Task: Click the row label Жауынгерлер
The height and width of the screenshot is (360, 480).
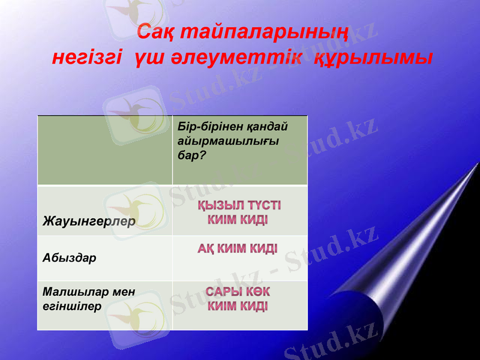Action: (x=89, y=221)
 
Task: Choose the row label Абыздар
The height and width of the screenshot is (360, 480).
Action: (x=69, y=257)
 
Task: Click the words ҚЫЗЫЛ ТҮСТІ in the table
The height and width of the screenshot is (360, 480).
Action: (x=238, y=206)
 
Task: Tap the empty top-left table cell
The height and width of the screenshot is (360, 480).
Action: (x=104, y=150)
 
